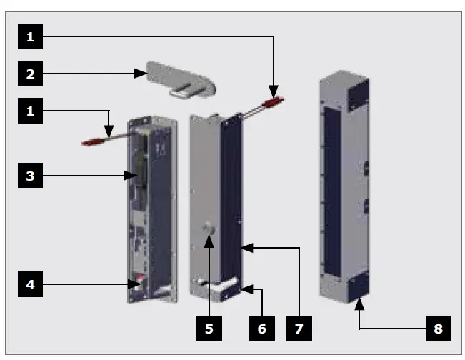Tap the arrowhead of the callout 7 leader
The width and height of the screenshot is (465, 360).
point(244,248)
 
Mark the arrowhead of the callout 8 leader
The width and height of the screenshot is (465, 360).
point(357,304)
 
